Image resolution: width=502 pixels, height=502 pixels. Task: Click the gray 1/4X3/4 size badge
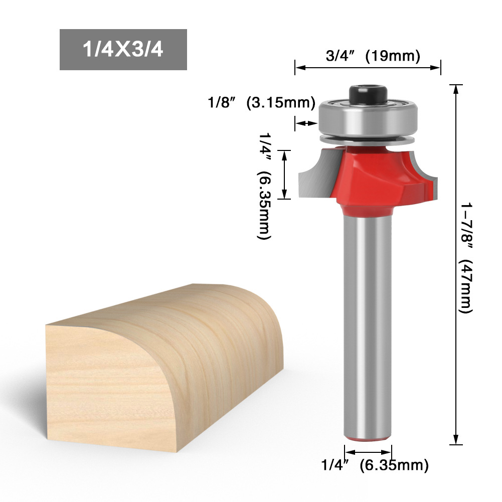[x=123, y=50]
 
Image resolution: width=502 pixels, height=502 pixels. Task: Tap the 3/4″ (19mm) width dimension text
[x=373, y=55]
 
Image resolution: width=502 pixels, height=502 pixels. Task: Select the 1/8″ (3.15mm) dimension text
[x=261, y=103]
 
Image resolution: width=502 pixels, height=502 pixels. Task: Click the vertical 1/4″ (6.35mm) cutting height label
[x=264, y=186]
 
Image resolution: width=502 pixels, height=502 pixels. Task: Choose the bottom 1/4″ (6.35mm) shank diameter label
[x=375, y=465]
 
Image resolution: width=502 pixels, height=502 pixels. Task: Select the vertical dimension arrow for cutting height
[x=284, y=174]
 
